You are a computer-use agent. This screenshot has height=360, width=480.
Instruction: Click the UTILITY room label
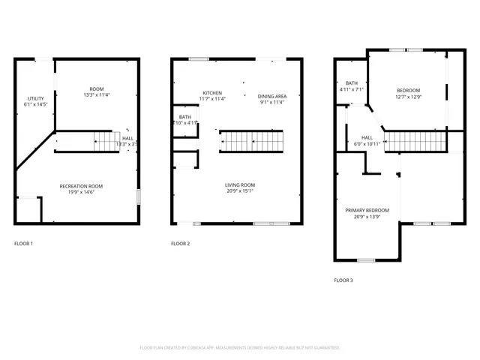pos(36,98)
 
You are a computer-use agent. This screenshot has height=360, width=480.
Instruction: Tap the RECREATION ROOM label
pos(82,186)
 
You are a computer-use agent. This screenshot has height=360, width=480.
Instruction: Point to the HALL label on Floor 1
pos(128,138)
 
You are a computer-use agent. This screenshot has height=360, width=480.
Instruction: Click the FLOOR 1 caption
pos(23,244)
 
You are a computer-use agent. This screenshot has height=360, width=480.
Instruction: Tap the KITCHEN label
pos(212,91)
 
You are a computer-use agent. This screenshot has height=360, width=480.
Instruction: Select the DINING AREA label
pos(272,96)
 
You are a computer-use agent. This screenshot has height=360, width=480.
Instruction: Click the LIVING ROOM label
pos(240,184)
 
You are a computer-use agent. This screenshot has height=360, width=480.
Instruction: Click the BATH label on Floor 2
pos(184,117)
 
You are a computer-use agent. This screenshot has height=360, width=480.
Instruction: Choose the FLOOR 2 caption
pos(180,244)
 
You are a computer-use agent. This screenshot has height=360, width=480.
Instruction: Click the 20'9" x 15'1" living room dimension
pos(240,191)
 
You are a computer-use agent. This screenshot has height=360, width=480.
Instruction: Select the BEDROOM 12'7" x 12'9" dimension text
pos(409,97)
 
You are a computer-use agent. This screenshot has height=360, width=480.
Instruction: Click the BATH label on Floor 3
pos(351,82)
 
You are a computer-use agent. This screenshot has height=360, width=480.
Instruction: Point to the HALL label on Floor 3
pos(367,137)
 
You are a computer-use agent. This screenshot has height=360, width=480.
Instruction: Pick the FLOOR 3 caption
pos(343,280)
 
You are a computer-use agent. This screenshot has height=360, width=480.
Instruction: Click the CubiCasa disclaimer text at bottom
pos(240,348)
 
